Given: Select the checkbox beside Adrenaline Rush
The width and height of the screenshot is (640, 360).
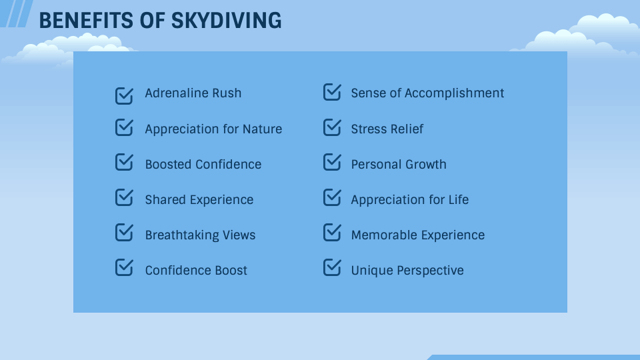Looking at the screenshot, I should click(x=124, y=95).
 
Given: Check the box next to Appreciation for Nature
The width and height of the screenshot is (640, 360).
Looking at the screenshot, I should click(x=124, y=127).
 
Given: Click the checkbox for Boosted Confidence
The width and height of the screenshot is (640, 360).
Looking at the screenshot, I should click(x=124, y=162).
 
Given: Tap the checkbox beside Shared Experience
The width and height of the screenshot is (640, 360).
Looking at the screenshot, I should click(x=124, y=197).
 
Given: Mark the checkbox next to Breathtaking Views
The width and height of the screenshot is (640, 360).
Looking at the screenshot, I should click(x=124, y=233).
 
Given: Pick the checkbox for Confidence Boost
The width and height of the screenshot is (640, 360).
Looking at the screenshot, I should click(x=124, y=268).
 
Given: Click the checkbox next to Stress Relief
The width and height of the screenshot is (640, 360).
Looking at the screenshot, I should click(x=332, y=127).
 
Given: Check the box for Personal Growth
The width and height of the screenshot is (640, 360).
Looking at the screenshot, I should click(x=332, y=162).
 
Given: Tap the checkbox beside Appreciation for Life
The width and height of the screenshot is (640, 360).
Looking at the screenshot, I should click(x=332, y=197).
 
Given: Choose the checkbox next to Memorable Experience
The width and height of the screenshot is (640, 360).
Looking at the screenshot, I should click(x=332, y=233).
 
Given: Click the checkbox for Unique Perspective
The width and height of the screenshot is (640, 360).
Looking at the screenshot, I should click(x=332, y=268).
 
